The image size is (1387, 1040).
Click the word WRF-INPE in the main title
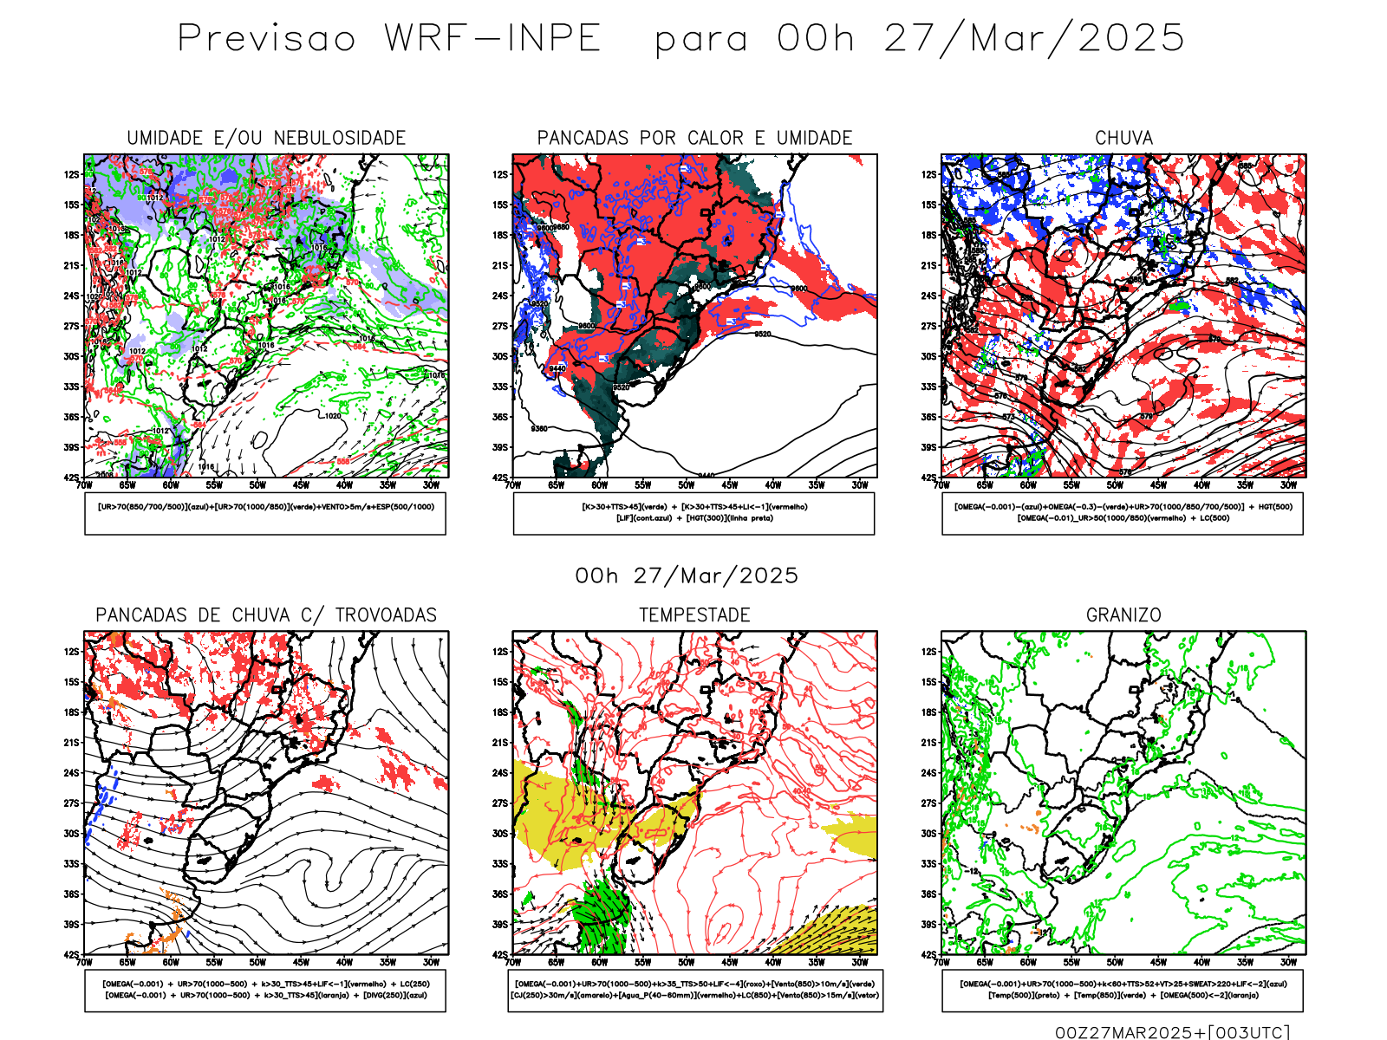point(492,39)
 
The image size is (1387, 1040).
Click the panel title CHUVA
point(1123,139)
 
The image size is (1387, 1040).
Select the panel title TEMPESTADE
point(694,615)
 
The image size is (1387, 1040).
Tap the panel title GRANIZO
point(1123,615)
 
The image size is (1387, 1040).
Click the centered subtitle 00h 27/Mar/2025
point(687,575)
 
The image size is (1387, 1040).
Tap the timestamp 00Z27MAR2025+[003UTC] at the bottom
point(1172,1032)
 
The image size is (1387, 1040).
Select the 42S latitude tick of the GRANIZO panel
point(928,955)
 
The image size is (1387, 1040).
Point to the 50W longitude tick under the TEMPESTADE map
point(686,962)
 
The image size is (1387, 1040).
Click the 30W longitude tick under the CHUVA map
point(1288,485)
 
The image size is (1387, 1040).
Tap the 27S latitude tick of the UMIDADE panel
point(71,327)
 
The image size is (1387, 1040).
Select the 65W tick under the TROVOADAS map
point(127,962)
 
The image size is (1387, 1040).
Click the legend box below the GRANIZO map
point(1123,990)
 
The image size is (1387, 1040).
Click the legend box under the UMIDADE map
point(265,513)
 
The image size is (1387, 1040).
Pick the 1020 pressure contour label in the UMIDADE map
point(333,416)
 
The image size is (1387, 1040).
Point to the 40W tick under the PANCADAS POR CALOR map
point(772,485)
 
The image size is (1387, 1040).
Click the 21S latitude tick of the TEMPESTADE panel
point(500,743)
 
